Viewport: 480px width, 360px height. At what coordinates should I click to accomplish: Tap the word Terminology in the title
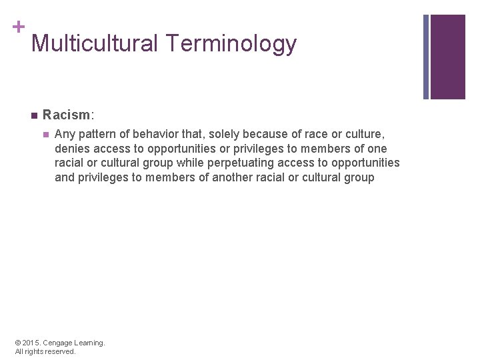click(231, 44)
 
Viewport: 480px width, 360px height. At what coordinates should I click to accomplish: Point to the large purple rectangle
click(448, 57)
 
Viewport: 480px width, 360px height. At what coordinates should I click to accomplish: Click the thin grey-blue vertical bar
click(427, 57)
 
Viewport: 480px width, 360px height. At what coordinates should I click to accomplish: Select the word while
click(189, 163)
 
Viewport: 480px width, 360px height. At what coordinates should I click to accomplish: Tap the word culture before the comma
click(363, 134)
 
